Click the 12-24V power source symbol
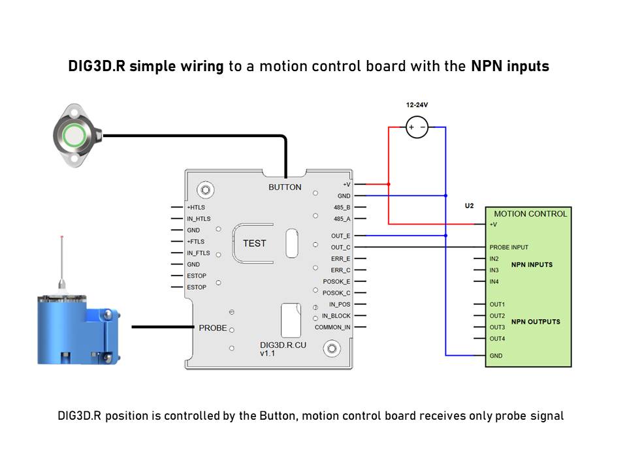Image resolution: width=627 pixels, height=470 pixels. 417,127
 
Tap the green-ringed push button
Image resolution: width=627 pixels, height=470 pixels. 74,135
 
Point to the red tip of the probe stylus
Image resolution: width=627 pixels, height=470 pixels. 61,238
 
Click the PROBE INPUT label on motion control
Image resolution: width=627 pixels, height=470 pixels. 509,247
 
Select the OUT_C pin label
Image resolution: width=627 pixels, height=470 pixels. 340,247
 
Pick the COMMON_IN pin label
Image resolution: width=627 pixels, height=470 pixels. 332,327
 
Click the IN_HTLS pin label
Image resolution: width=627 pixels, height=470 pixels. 199,219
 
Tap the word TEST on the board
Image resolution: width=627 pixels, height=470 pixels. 254,243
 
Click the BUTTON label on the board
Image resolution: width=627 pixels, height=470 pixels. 285,187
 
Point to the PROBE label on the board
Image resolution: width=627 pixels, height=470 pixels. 213,328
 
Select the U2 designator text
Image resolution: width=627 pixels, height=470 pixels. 469,206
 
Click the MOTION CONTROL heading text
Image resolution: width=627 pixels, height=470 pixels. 530,214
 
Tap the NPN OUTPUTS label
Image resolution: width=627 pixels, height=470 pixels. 536,322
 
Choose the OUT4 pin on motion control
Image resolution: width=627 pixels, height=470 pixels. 497,339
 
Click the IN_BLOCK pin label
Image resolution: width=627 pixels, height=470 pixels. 336,316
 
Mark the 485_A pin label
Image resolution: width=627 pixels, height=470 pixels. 342,219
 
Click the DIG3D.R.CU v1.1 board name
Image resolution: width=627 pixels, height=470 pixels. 283,349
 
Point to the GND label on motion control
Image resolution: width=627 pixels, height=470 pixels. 496,356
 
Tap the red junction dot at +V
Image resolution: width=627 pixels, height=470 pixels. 388,184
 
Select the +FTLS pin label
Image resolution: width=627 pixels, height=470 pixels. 195,242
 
